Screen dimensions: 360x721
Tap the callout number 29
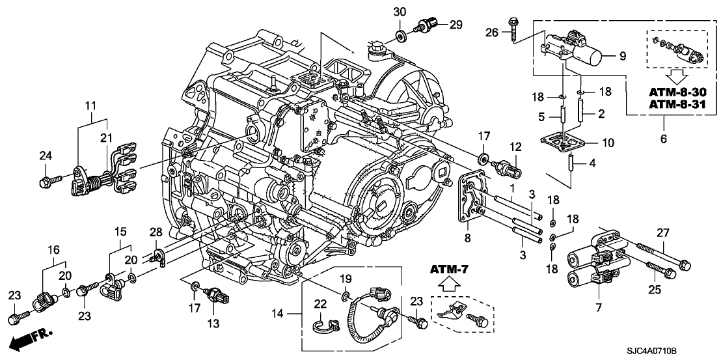point(456,25)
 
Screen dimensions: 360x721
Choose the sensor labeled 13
point(217,296)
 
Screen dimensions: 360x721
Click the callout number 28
point(156,233)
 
